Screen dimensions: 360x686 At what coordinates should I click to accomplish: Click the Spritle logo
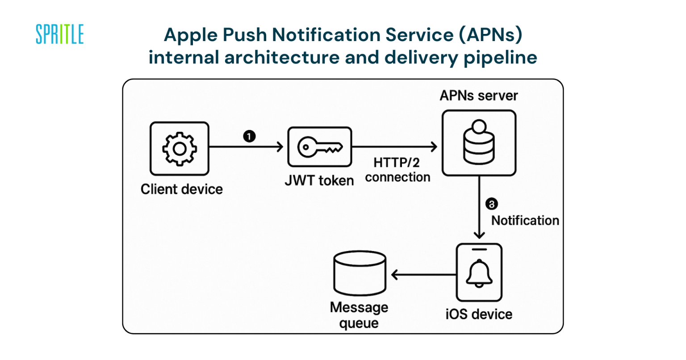(x=59, y=34)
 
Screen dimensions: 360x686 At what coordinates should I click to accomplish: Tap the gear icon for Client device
(x=179, y=149)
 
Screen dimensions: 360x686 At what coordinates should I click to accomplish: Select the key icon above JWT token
(x=320, y=147)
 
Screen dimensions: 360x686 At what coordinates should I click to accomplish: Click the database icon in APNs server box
(x=479, y=143)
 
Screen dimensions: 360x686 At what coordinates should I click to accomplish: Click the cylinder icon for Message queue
(x=360, y=274)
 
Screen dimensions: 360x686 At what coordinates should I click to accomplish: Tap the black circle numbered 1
(x=249, y=136)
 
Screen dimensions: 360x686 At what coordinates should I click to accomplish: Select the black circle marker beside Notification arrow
(x=491, y=204)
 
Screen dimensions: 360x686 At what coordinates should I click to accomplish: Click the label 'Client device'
(x=181, y=189)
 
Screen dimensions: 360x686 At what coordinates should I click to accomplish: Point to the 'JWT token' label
(x=319, y=181)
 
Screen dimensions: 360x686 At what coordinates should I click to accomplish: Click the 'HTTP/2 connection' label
(x=397, y=170)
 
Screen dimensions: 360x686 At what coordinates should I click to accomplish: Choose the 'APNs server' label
(x=478, y=96)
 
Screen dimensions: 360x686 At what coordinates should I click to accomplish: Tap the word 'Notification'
(x=525, y=221)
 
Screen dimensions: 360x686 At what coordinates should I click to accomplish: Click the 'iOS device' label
(x=479, y=314)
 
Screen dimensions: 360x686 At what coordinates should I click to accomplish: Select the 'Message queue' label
(x=359, y=315)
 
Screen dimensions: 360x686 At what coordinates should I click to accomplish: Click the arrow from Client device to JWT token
(x=246, y=147)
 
